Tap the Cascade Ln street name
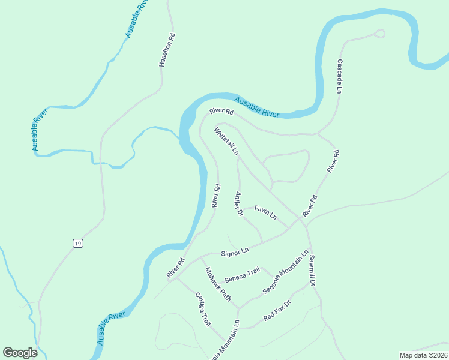point(339,76)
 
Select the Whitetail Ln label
point(226,141)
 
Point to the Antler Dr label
point(238,203)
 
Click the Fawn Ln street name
point(265,211)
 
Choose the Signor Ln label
point(235,253)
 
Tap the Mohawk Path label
point(218,283)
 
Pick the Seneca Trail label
point(242,275)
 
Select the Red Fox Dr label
point(277,310)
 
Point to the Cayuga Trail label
point(202,309)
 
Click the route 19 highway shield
point(77,243)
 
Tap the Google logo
point(20,352)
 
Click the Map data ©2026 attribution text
point(423,355)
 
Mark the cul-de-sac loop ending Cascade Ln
point(381,33)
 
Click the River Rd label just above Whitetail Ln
point(221,111)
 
